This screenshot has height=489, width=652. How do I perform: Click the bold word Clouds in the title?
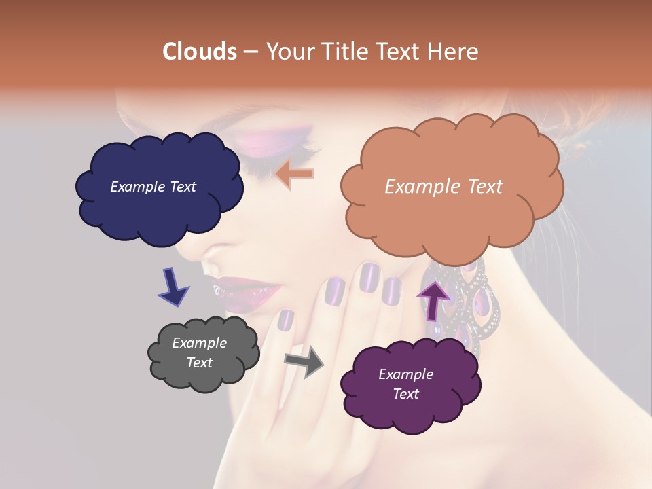tap(200, 52)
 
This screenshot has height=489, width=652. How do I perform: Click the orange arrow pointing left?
tap(295, 174)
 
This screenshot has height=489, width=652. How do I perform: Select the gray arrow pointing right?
tap(304, 361)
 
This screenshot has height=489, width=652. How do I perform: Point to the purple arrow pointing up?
tap(433, 300)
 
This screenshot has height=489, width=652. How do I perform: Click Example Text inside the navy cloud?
tap(153, 187)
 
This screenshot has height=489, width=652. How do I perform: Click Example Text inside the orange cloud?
tap(443, 187)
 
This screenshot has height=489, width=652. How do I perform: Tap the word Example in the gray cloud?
tap(199, 343)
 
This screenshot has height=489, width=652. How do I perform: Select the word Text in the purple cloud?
tap(405, 394)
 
